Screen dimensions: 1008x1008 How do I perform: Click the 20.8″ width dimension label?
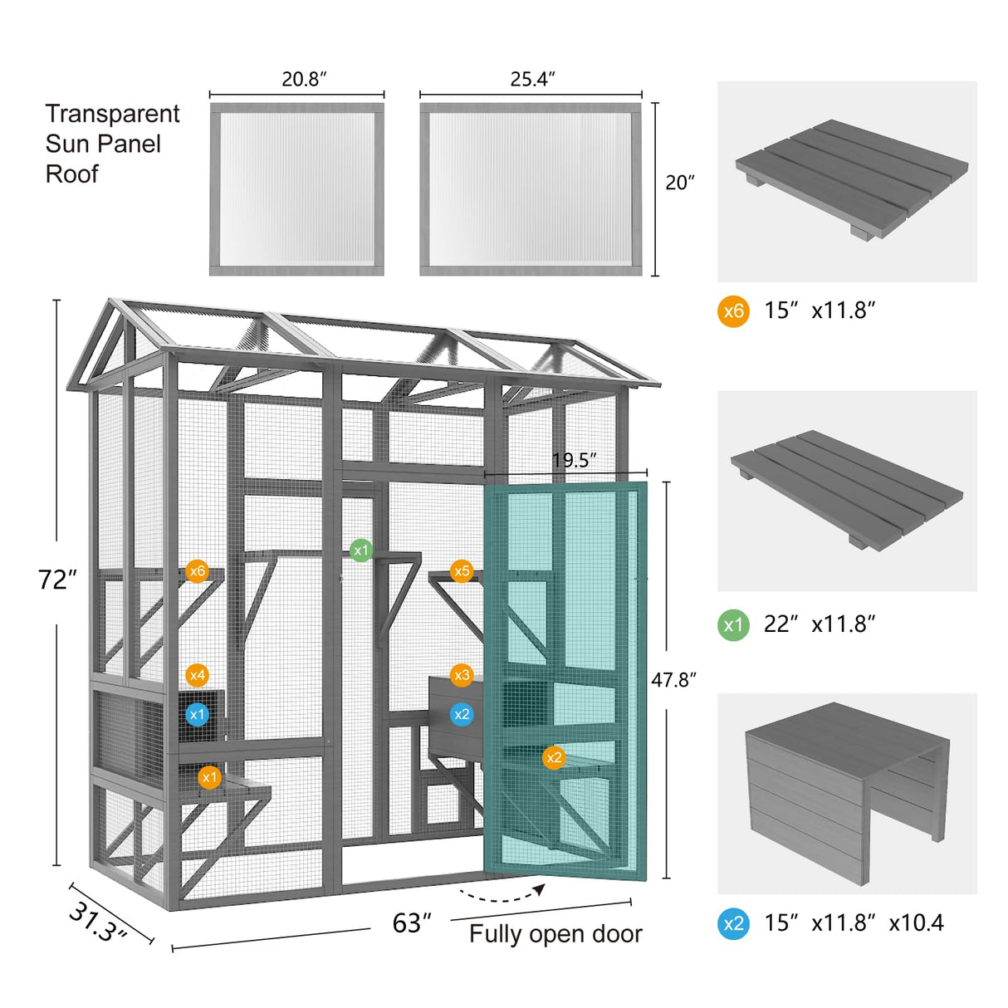(304, 79)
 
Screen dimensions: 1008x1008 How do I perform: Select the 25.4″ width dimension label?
(532, 79)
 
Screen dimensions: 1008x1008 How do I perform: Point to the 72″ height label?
(57, 580)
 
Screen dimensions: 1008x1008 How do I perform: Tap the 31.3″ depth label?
(97, 922)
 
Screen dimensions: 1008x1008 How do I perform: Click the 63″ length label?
(412, 923)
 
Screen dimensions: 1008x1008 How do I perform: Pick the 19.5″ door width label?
(575, 460)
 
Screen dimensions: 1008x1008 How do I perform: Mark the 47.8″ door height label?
(673, 680)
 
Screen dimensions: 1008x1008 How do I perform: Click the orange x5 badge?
(462, 571)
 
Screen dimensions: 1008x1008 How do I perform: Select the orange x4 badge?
(197, 675)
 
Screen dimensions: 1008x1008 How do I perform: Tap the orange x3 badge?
(462, 675)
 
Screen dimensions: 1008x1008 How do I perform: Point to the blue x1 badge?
(197, 714)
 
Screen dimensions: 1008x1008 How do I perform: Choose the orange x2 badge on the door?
(554, 757)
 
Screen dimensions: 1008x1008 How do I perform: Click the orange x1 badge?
(209, 777)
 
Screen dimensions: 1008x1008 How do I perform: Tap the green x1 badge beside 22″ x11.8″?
(733, 624)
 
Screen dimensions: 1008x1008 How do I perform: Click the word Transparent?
(112, 114)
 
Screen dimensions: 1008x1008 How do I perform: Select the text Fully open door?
(555, 934)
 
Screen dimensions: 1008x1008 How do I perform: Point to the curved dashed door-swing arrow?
(502, 894)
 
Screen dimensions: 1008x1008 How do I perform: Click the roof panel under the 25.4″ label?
(531, 189)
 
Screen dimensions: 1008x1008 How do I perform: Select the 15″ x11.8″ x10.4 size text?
(854, 923)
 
